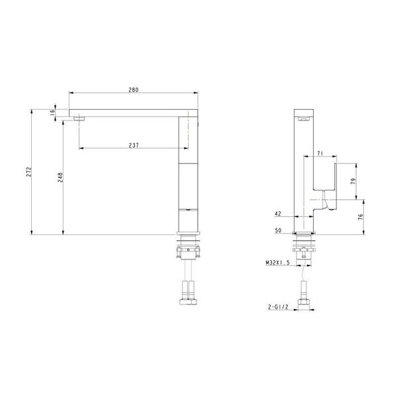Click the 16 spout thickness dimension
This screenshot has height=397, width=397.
(x=52, y=113)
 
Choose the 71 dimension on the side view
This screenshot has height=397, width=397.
(x=320, y=154)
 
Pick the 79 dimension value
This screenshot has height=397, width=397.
(x=353, y=181)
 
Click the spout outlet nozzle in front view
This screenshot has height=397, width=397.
(x=81, y=118)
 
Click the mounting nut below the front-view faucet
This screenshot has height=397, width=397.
(x=188, y=251)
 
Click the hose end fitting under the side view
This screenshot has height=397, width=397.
(x=305, y=303)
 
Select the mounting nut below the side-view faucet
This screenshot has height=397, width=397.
(x=305, y=251)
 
